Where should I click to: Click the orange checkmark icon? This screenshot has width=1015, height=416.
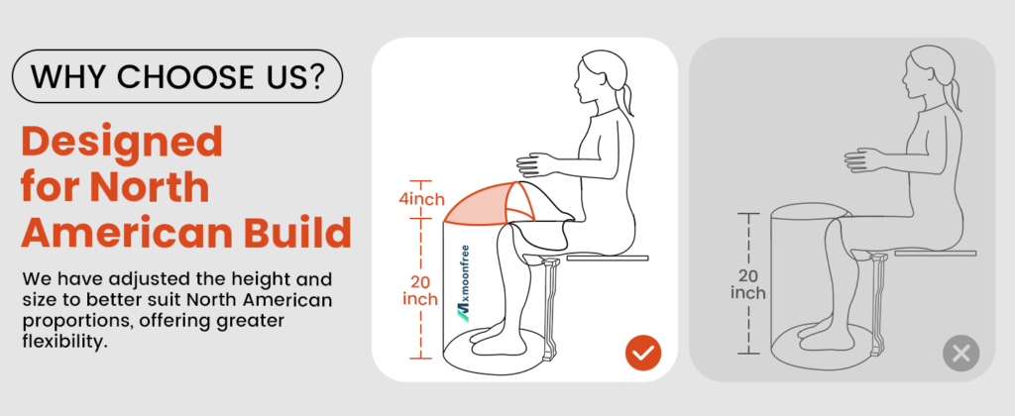(643, 354)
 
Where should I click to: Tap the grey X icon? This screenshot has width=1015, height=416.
(961, 354)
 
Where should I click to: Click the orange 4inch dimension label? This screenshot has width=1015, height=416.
(421, 199)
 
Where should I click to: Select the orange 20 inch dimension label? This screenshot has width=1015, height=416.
(420, 291)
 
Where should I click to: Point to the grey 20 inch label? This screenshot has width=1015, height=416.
(748, 284)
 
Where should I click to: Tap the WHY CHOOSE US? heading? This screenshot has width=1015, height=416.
(176, 76)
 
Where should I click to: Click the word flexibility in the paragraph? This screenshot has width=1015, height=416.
(64, 342)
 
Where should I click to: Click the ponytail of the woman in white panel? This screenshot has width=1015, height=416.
(625, 100)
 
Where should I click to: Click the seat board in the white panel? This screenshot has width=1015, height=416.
(608, 258)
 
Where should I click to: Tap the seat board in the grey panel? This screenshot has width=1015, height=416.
(936, 253)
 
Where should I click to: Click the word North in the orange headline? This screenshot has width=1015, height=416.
(149, 187)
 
